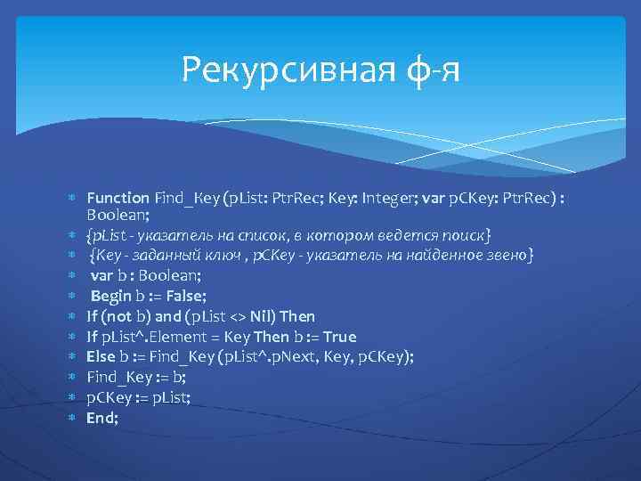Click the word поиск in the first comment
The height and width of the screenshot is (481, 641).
[x=462, y=235]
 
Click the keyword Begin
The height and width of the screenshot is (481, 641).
[x=111, y=296]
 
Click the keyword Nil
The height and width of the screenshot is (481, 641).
[x=262, y=316]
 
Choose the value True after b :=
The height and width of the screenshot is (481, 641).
[x=339, y=337]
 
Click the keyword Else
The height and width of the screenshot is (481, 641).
[x=101, y=356]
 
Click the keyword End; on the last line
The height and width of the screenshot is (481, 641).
[x=102, y=417]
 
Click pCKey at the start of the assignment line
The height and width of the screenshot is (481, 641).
[x=107, y=397]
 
